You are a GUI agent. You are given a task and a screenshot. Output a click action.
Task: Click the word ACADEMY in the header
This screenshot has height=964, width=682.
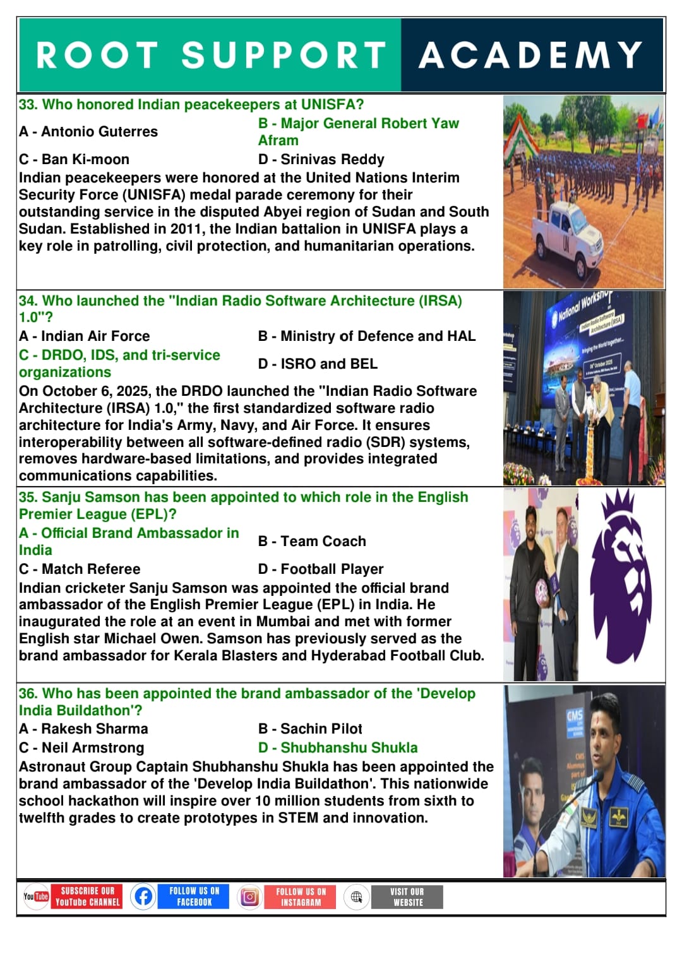530,55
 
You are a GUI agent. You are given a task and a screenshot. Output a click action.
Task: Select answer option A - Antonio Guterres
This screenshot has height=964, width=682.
88,132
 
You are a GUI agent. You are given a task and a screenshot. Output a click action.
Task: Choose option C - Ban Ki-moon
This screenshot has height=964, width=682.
74,159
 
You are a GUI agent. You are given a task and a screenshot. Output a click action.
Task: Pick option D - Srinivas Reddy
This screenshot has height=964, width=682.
321,159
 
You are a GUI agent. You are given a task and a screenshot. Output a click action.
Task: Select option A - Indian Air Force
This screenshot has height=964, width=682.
85,336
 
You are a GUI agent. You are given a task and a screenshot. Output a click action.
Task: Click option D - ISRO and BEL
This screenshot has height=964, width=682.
318,364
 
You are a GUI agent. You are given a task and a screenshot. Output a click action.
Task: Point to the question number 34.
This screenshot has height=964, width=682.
28,301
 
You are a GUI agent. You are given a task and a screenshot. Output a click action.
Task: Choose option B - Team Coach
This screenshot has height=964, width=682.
312,541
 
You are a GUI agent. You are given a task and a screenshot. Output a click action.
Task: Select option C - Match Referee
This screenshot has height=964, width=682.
80,569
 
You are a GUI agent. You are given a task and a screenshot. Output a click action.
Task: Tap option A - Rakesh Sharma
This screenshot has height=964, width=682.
83,729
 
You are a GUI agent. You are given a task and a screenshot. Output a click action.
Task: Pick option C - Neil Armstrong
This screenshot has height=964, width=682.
81,747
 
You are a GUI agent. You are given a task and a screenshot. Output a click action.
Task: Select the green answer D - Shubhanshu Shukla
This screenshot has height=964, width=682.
338,747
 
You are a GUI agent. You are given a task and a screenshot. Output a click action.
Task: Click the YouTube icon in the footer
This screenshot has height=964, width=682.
36,896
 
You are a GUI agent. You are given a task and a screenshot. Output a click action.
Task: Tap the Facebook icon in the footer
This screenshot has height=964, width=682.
143,896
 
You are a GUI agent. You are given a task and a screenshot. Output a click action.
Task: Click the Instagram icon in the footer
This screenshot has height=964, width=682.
249,896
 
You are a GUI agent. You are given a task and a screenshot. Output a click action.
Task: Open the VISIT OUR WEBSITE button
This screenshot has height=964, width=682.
407,897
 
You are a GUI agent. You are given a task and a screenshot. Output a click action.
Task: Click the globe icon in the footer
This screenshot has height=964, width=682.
356,896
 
